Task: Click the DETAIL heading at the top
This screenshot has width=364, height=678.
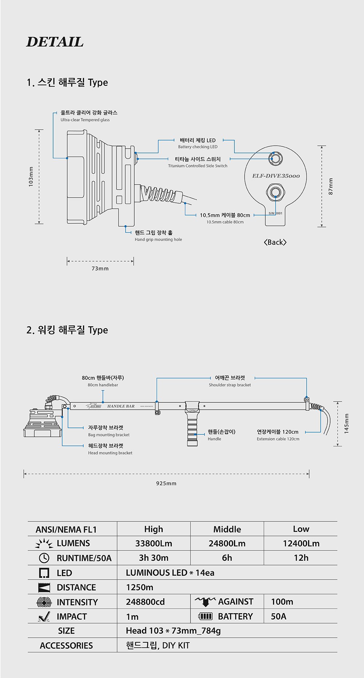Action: click(55, 42)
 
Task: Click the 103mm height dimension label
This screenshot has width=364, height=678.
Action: click(31, 177)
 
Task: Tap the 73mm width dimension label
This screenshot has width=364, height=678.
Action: click(100, 269)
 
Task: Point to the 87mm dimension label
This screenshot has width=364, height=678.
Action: click(331, 186)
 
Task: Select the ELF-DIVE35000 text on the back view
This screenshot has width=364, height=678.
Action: click(276, 176)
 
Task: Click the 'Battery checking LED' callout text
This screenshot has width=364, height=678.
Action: click(198, 147)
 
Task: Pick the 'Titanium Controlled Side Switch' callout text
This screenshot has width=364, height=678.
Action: click(198, 166)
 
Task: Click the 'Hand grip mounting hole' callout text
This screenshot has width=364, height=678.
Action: click(158, 240)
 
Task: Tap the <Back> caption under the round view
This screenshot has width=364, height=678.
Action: click(275, 243)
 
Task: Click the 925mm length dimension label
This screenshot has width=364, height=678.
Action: click(166, 484)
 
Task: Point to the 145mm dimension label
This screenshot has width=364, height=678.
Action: click(347, 423)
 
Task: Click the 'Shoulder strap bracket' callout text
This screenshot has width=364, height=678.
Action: click(230, 385)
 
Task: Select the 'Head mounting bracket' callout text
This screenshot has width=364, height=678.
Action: click(110, 453)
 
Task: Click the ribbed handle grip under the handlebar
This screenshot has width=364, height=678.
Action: click(192, 430)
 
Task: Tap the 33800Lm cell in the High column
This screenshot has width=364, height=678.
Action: click(154, 544)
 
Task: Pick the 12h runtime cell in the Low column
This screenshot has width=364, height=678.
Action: click(301, 558)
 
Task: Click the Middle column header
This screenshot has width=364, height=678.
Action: click(227, 529)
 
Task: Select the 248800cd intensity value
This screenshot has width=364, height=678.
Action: click(145, 602)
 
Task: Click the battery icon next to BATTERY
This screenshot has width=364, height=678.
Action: click(205, 616)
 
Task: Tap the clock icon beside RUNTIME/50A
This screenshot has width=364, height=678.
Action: click(44, 558)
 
